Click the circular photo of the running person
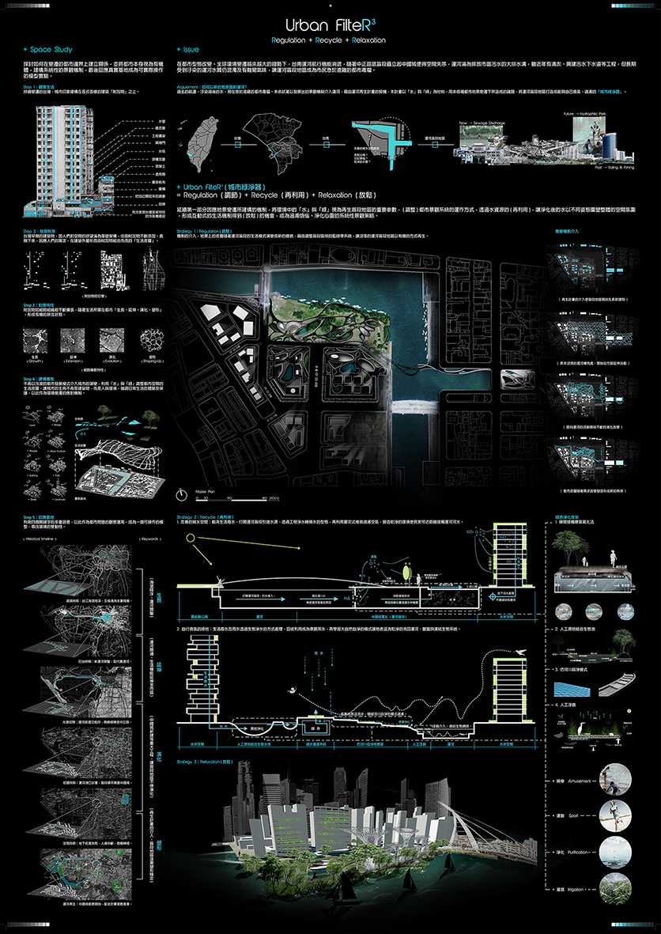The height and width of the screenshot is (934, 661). point(616,815)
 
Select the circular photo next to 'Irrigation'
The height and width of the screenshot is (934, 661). point(616,888)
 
